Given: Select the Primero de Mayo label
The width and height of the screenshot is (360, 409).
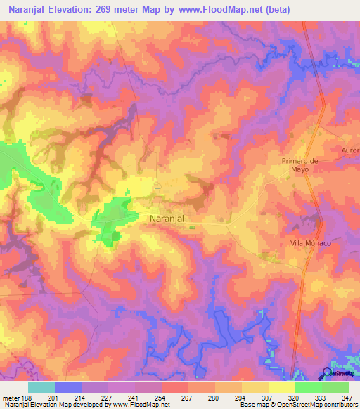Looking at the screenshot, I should pyautogui.click(x=300, y=164).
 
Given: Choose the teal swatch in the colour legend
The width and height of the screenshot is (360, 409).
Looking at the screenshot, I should pyautogui.click(x=41, y=387).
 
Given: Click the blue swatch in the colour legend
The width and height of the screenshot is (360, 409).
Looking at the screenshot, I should pyautogui.click(x=67, y=387).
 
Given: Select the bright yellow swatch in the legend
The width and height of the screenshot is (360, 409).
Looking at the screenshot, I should pyautogui.click(x=281, y=387).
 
